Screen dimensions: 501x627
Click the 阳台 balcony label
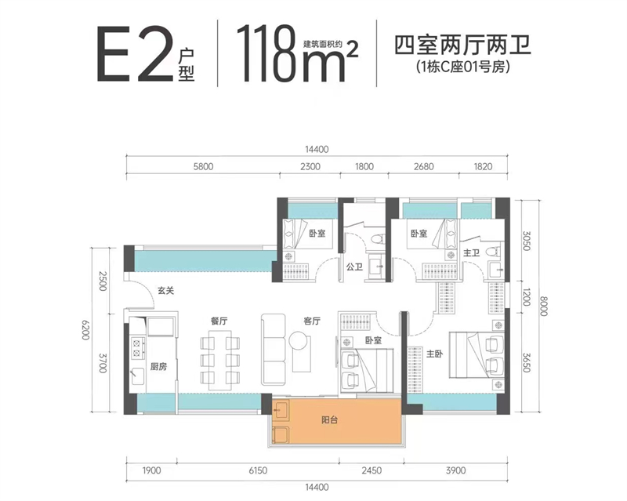pyautogui.click(x=330, y=419)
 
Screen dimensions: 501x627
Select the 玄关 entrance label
pyautogui.click(x=165, y=290)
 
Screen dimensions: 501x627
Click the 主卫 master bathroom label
pyautogui.click(x=471, y=253)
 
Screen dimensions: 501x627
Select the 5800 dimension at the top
pyautogui.click(x=202, y=166)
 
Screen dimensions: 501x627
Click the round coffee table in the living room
pyautogui.click(x=299, y=340)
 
